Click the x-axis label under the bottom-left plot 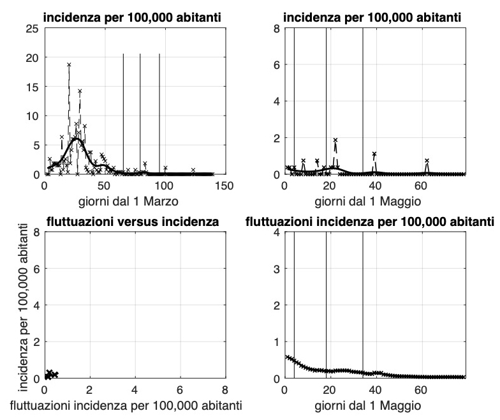(x=134, y=406)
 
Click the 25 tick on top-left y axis (x=31, y=28)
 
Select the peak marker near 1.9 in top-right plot (x=335, y=140)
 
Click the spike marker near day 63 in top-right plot (x=427, y=161)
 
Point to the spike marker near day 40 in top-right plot (x=374, y=154)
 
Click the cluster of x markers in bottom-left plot (x=50, y=374)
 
